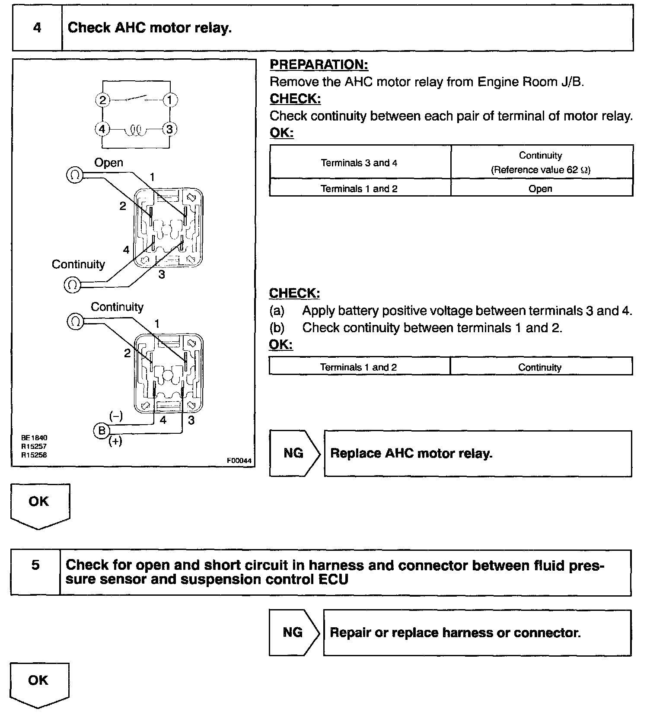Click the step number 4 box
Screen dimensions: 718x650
pyautogui.click(x=37, y=28)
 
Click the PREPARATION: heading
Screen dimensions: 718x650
pyautogui.click(x=319, y=65)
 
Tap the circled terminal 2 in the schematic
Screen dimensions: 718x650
pyautogui.click(x=102, y=100)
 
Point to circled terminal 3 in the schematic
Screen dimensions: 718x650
pyautogui.click(x=169, y=129)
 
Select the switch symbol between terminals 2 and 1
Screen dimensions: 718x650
pyautogui.click(x=137, y=99)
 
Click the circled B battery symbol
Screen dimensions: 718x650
pyautogui.click(x=102, y=430)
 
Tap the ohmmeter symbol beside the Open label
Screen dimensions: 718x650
pyautogui.click(x=74, y=175)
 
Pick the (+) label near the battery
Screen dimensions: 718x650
pyautogui.click(x=115, y=442)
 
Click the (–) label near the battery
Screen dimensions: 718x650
pyautogui.click(x=116, y=416)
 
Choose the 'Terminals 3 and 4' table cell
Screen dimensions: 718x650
pyautogui.click(x=359, y=163)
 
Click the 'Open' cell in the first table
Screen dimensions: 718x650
pyautogui.click(x=540, y=189)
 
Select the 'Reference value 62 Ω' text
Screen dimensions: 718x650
pyautogui.click(x=540, y=170)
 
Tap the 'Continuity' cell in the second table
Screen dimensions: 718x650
pyautogui.click(x=540, y=367)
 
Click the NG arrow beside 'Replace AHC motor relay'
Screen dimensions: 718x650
pyautogui.click(x=294, y=453)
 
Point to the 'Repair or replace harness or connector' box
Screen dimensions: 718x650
pyautogui.click(x=477, y=632)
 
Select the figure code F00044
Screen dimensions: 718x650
pyautogui.click(x=239, y=461)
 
